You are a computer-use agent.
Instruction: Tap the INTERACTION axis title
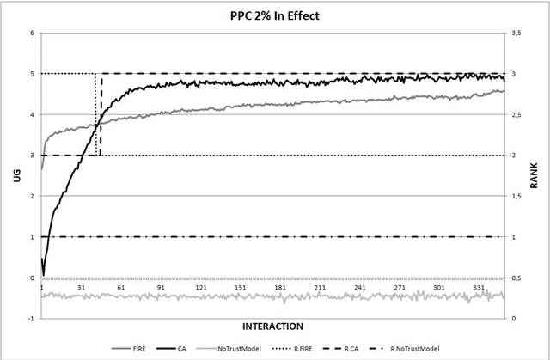(x=272, y=326)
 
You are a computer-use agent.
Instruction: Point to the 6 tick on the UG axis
(x=32, y=34)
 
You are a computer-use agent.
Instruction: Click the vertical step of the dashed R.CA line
(x=101, y=114)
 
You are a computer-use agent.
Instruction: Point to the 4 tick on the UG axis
(x=32, y=115)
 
